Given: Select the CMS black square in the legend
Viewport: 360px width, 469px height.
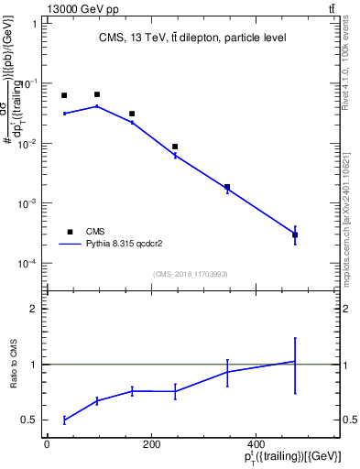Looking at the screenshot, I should point(70,232).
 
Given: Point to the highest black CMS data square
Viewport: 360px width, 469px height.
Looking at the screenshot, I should point(97,94).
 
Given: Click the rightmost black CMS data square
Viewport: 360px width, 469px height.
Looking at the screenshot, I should point(295,235).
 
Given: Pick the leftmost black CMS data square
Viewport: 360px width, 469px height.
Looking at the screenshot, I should point(64,95).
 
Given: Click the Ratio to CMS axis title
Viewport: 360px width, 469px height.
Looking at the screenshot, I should point(15,364).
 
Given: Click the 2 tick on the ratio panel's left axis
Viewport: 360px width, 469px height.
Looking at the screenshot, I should point(32,309).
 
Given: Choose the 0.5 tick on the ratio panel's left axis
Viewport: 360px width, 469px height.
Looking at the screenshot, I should point(28,420).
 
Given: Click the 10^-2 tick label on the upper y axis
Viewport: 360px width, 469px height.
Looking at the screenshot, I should point(28,144).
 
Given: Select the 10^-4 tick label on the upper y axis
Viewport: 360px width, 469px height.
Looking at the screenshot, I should point(28,264).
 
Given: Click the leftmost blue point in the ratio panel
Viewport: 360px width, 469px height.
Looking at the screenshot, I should point(64,420).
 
